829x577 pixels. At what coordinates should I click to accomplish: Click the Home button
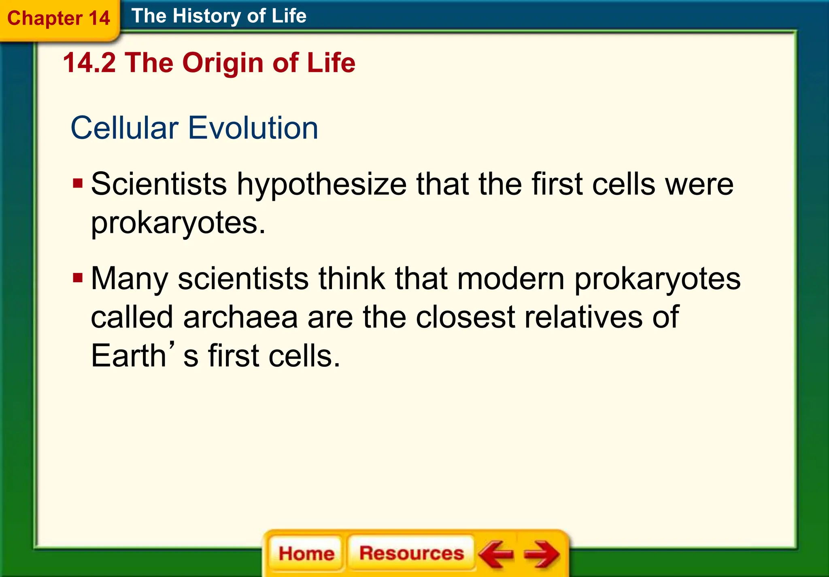point(306,553)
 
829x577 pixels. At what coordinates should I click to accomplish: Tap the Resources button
point(412,553)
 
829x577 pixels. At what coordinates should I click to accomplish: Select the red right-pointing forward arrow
point(542,554)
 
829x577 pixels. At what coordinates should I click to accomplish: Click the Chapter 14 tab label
point(59,18)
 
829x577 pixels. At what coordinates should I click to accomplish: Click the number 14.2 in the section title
point(89,63)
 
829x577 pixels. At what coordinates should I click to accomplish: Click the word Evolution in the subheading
point(253,128)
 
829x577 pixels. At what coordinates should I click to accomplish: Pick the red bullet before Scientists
point(77,183)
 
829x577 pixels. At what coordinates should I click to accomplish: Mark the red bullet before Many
point(77,278)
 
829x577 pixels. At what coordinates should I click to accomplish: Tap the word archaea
point(240,317)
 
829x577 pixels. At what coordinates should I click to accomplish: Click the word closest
point(466,317)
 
